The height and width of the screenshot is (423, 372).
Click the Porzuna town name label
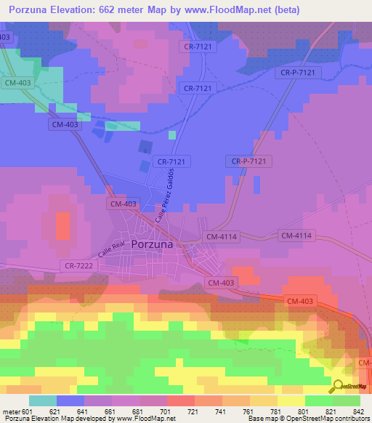(x=152, y=245)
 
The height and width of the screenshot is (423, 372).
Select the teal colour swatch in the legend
(x=42, y=400)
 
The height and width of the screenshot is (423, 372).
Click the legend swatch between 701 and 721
(x=180, y=400)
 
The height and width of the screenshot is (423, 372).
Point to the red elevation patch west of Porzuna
(x=64, y=225)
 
